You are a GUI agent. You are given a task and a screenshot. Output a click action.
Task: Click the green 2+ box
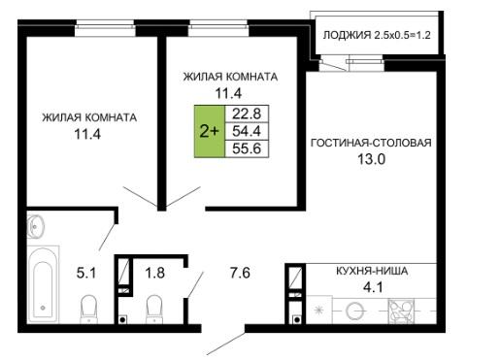pos(210,131)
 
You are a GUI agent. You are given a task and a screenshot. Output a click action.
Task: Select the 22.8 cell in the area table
pos(247,114)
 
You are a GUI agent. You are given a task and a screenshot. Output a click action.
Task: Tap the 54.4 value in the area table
pos(247,131)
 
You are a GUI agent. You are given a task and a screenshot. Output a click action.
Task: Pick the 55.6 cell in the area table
pos(247,148)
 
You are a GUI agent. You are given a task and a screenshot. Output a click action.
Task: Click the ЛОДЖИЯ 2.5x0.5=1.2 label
pos(377,35)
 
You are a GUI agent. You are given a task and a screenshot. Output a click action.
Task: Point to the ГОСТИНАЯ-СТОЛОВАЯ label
pos(371,143)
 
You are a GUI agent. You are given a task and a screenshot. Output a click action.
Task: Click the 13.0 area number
pos(371,159)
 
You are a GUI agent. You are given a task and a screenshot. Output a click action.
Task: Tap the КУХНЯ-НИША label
pos(372,271)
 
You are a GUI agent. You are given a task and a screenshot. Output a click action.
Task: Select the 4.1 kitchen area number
pos(373,287)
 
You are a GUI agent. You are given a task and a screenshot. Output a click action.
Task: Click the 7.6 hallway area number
pos(240,273)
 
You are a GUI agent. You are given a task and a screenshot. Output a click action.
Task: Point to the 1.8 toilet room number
pos(154,273)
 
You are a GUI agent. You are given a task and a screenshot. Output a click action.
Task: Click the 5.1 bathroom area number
pos(86,273)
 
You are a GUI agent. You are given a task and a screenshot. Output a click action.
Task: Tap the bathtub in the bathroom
pos(43,284)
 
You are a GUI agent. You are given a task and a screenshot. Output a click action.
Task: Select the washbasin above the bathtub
pos(35,225)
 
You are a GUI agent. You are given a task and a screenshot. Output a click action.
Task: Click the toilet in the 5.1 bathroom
pos(88,310)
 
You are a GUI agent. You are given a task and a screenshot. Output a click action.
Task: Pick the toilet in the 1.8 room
pos(154,310)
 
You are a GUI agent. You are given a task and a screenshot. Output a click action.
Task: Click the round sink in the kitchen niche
pos(354,311)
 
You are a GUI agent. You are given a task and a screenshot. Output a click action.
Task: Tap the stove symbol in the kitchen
pos(401,311)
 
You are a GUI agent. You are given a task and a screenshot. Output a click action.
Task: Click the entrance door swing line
pos(226,344)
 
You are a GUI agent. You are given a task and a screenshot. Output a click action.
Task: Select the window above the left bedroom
pos(105,28)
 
